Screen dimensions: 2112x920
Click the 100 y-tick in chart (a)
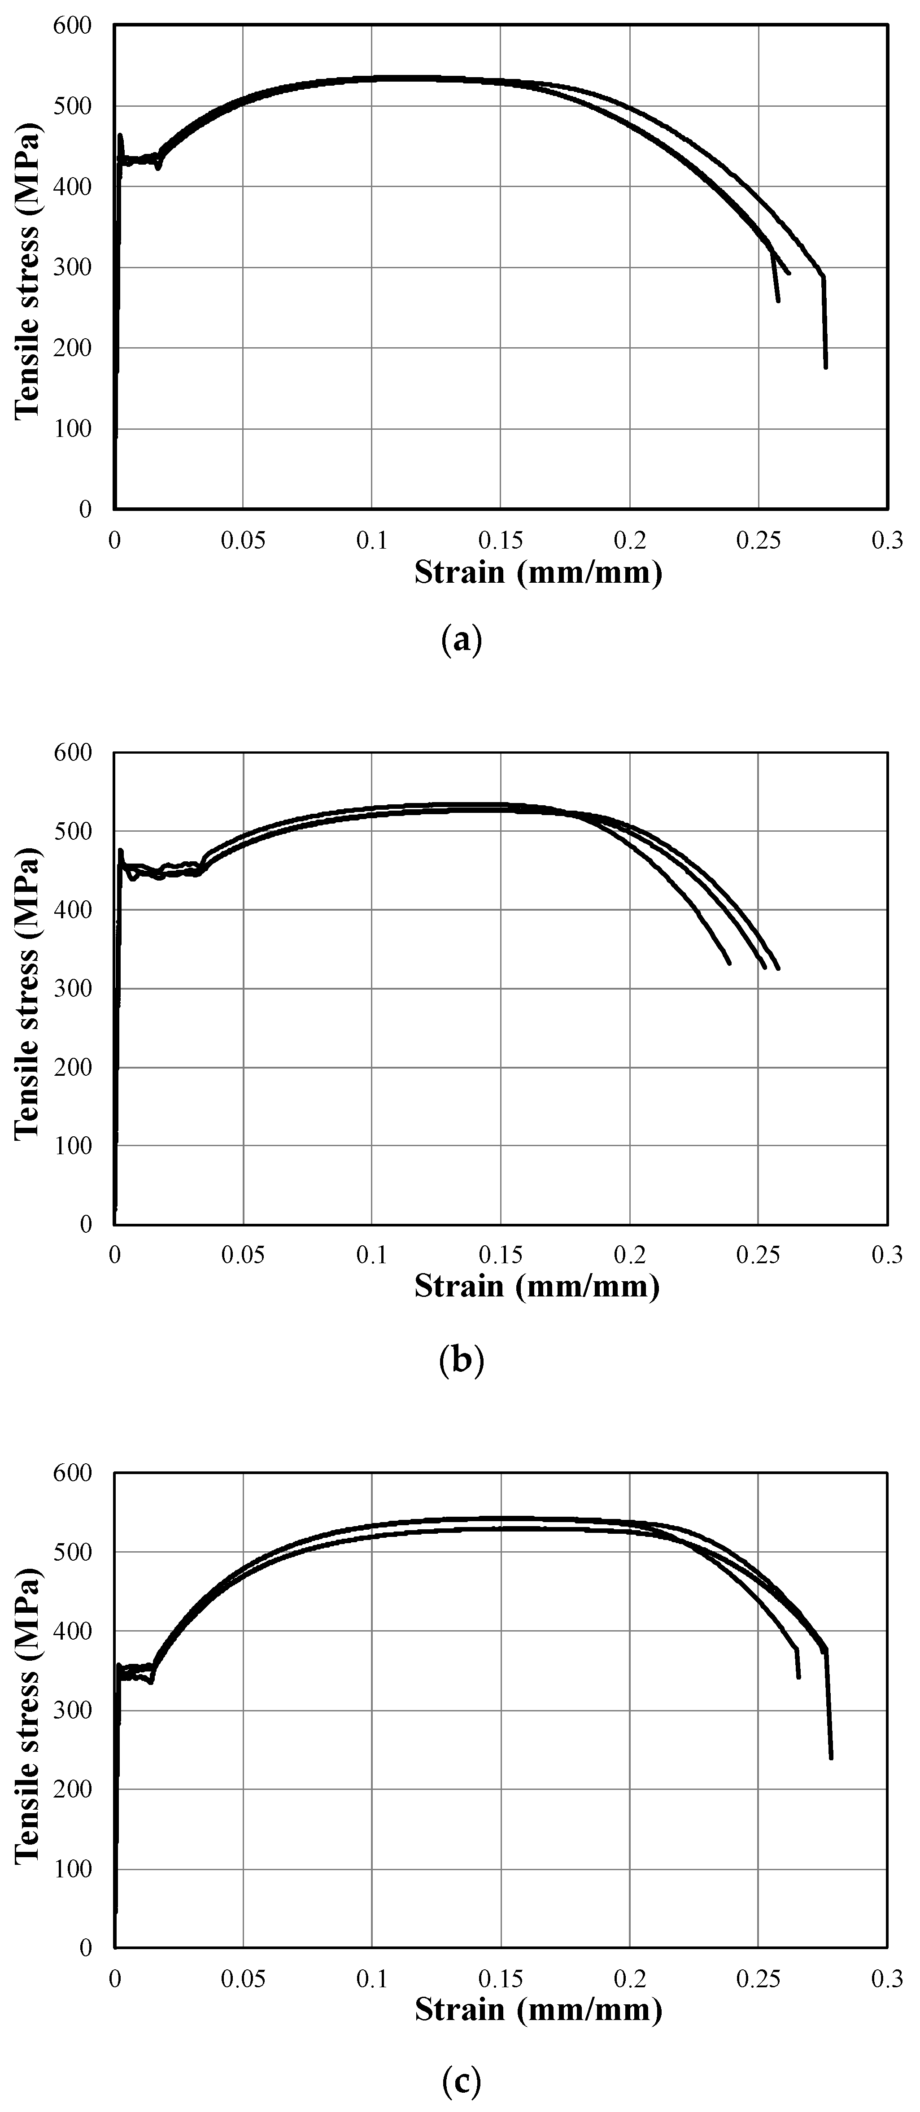[74, 429]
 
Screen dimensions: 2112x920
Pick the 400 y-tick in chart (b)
[74, 910]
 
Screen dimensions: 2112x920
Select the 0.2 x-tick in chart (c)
[630, 1979]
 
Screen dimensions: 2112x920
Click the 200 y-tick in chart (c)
[74, 1789]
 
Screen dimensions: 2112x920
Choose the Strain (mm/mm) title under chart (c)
[538, 2010]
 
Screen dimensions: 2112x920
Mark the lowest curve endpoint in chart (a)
[826, 367]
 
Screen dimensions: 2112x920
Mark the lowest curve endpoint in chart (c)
[831, 1758]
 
